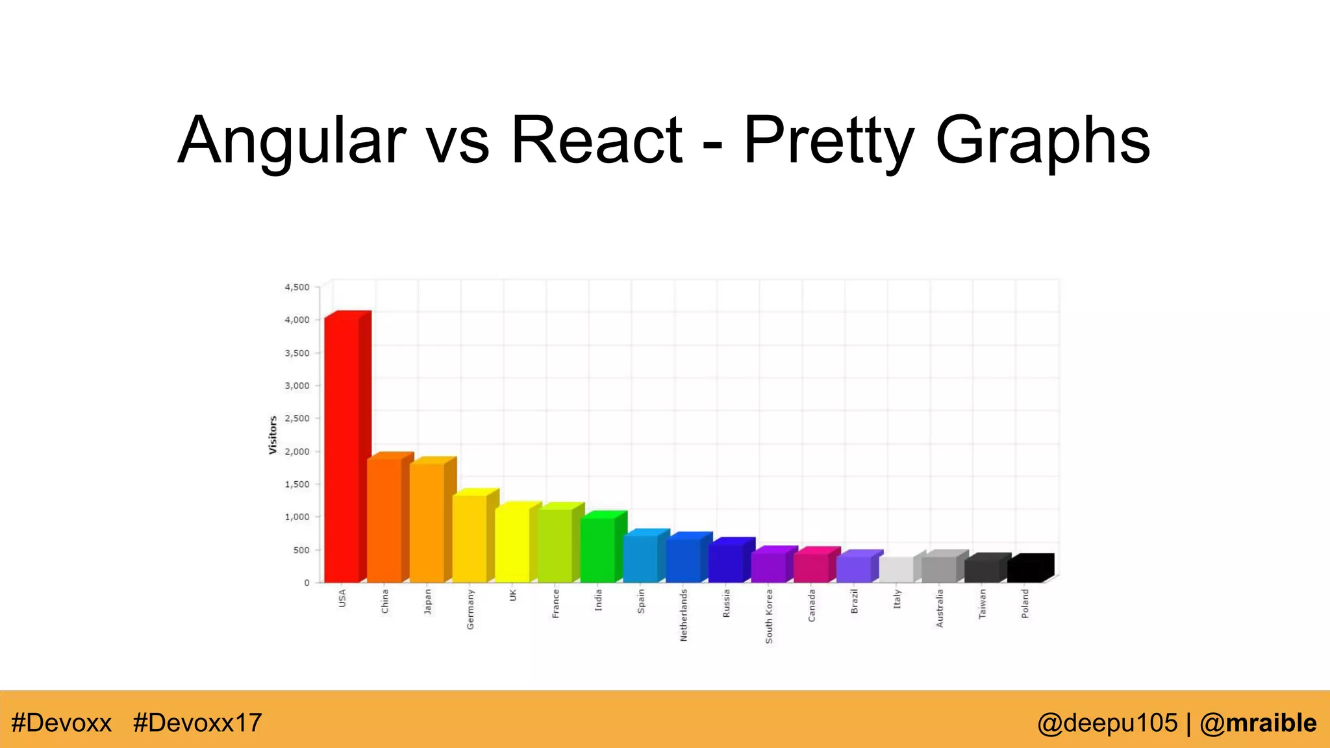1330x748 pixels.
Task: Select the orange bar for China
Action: pos(384,519)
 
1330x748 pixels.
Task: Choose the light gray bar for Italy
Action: pos(896,569)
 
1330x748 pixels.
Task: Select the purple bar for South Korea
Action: pos(768,567)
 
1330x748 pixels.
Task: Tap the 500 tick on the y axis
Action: pos(301,550)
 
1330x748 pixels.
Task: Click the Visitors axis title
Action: pos(273,435)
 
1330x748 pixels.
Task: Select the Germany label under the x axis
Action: pos(470,609)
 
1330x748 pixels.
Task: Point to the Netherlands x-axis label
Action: pos(683,615)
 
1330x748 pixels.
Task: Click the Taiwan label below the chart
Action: pos(982,603)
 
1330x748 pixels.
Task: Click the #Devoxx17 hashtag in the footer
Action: pos(197,723)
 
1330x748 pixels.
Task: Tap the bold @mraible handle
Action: pos(1258,723)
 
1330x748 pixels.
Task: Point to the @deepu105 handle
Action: pos(1107,723)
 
